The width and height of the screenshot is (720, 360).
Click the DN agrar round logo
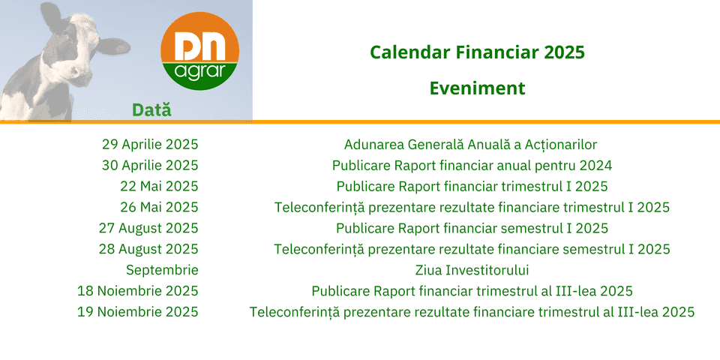tap(199, 51)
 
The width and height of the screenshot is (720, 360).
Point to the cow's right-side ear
tap(113, 46)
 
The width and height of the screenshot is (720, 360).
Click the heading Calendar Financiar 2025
tap(477, 53)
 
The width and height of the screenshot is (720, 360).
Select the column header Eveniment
tap(477, 88)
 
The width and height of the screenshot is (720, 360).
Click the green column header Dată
tap(151, 109)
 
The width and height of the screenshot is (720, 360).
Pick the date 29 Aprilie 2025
tap(150, 145)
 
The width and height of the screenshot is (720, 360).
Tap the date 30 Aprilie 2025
tap(150, 165)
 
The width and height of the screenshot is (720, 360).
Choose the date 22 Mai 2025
tap(159, 187)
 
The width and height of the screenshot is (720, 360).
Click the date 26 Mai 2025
tap(159, 207)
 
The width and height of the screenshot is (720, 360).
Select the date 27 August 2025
tap(148, 228)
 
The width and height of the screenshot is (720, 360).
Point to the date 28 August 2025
tap(148, 249)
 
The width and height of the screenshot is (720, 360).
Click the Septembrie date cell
tap(162, 271)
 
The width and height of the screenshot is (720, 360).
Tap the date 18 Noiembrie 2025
tap(138, 291)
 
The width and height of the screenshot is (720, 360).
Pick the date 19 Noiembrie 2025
tap(138, 312)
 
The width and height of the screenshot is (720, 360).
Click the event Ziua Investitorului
tap(472, 271)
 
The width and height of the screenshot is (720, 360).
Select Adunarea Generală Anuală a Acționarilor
tap(471, 145)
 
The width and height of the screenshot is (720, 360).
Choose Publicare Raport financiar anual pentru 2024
tap(472, 165)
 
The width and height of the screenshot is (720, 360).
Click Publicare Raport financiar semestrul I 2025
tap(472, 228)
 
